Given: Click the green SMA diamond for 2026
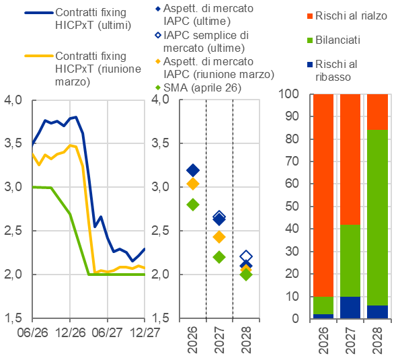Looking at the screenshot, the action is [193, 205].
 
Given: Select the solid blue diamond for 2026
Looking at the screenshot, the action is [193, 170].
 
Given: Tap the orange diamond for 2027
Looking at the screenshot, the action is [219, 237].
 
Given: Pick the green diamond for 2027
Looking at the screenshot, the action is [219, 257].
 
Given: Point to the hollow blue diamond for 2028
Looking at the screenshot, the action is [246, 255].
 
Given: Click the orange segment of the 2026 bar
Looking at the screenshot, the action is [323, 195].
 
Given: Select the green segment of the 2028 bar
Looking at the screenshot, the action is [377, 217].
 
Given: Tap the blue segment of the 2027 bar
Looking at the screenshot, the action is [350, 308].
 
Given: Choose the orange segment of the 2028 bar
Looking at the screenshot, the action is [377, 112].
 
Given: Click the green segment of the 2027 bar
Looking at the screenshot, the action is [350, 260].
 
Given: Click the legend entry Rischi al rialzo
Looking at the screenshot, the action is [347, 16].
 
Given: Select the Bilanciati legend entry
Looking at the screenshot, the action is [333, 40].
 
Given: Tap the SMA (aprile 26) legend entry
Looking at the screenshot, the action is [198, 88].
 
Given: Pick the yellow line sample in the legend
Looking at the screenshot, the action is [39, 56].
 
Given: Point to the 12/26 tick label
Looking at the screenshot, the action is [70, 332].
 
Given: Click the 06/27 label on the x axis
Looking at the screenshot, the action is [107, 332].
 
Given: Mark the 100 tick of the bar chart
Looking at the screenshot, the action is [292, 94].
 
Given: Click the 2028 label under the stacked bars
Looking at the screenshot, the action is [377, 340].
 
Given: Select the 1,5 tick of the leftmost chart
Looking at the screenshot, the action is [13, 318].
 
